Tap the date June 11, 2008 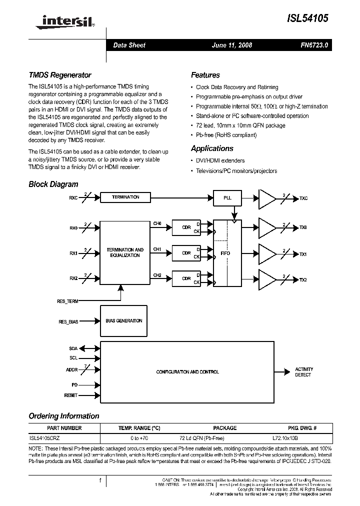coord(232,45)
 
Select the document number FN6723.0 coord(314,45)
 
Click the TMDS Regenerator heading coord(60,75)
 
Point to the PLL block coord(227,197)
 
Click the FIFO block coord(225,253)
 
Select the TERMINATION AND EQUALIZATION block coord(125,252)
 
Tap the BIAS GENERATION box coord(122,321)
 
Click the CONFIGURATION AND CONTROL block coord(187,372)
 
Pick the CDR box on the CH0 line coord(186,227)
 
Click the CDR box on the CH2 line coord(186,279)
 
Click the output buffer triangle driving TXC coord(266,198)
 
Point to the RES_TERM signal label coord(68,301)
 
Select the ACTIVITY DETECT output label coord(303,372)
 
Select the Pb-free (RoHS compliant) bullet coord(226,135)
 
